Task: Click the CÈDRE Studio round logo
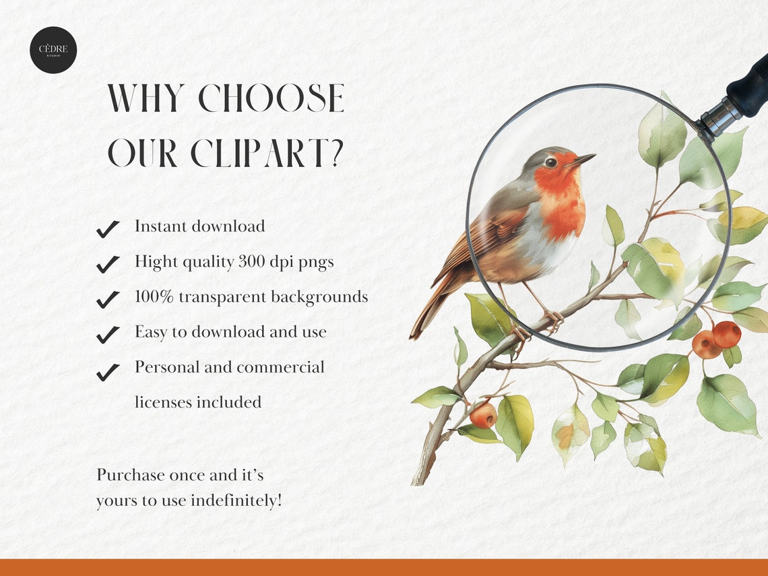pos(53,50)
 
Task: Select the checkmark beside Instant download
pos(108,229)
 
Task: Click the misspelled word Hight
pos(154,261)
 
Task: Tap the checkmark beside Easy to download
pos(108,334)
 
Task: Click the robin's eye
pos(550,162)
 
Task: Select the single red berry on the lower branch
pos(482,415)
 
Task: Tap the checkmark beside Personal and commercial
pos(108,371)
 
